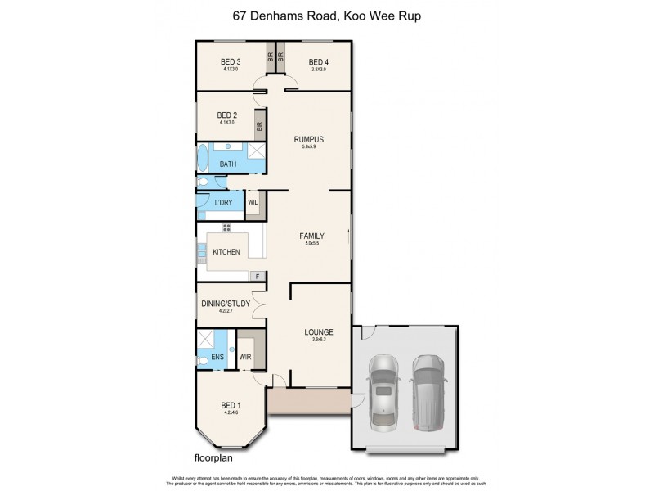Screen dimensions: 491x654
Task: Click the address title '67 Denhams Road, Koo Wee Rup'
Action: click(326, 15)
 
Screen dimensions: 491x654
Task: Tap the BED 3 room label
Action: click(231, 62)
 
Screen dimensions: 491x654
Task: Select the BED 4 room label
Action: click(318, 62)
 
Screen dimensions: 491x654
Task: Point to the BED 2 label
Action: click(227, 115)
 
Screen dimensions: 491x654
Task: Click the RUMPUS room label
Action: click(309, 139)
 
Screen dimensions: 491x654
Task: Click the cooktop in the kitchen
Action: click(226, 227)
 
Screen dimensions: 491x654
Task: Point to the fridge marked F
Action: click(258, 277)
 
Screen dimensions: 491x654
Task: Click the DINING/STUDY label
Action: click(226, 304)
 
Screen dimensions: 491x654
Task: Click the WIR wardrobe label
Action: click(244, 358)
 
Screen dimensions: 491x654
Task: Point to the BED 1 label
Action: click(231, 406)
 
